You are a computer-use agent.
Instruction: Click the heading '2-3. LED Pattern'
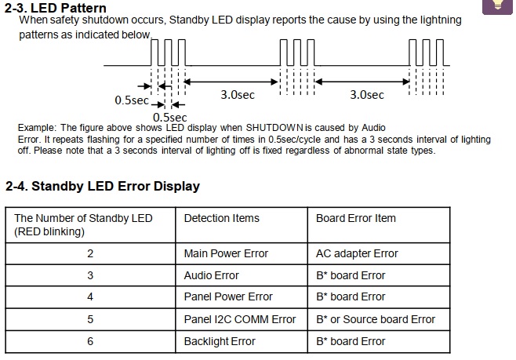(x=55, y=7)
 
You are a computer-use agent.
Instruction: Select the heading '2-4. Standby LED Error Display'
(x=103, y=186)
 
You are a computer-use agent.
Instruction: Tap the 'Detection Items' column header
(x=221, y=218)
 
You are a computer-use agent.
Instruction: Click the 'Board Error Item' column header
(x=356, y=218)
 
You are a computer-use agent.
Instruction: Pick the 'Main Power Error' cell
(x=226, y=253)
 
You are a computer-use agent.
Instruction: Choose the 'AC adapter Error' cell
(x=357, y=253)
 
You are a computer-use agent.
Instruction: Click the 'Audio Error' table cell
(x=211, y=275)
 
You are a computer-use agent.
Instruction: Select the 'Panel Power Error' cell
(x=228, y=296)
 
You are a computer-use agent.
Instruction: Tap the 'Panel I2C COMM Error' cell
(x=240, y=319)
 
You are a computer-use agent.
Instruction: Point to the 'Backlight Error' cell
(x=220, y=341)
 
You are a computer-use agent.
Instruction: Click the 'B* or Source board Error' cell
(x=376, y=319)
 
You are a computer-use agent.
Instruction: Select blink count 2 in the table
(x=90, y=253)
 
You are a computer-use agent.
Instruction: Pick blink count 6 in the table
(x=90, y=341)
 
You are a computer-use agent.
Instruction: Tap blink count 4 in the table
(x=90, y=296)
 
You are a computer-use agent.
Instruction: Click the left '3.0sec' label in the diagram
(x=238, y=95)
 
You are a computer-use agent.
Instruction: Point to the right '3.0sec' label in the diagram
(x=367, y=95)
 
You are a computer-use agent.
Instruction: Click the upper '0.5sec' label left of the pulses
(x=132, y=100)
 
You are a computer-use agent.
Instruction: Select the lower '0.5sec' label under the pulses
(x=170, y=118)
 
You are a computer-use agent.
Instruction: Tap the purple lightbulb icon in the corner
(x=497, y=6)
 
